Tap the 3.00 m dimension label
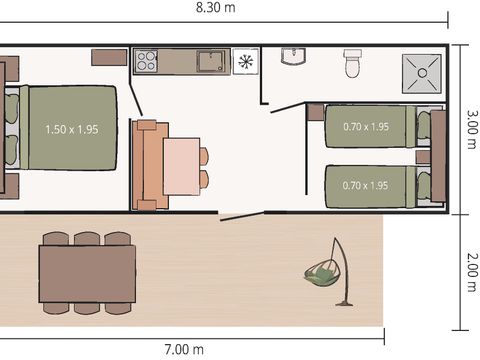pos(470,128)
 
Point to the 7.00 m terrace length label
pos(184,349)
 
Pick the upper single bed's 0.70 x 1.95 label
pos(365,127)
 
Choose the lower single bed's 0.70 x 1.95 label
pos(365,186)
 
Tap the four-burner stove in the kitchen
pos(146,61)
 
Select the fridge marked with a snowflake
pos(246,61)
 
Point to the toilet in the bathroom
pos(352,63)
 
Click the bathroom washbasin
pos(293,57)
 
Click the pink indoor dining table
pos(182,166)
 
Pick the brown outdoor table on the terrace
pos(87,273)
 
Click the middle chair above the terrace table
pos(87,240)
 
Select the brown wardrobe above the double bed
pos(108,56)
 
